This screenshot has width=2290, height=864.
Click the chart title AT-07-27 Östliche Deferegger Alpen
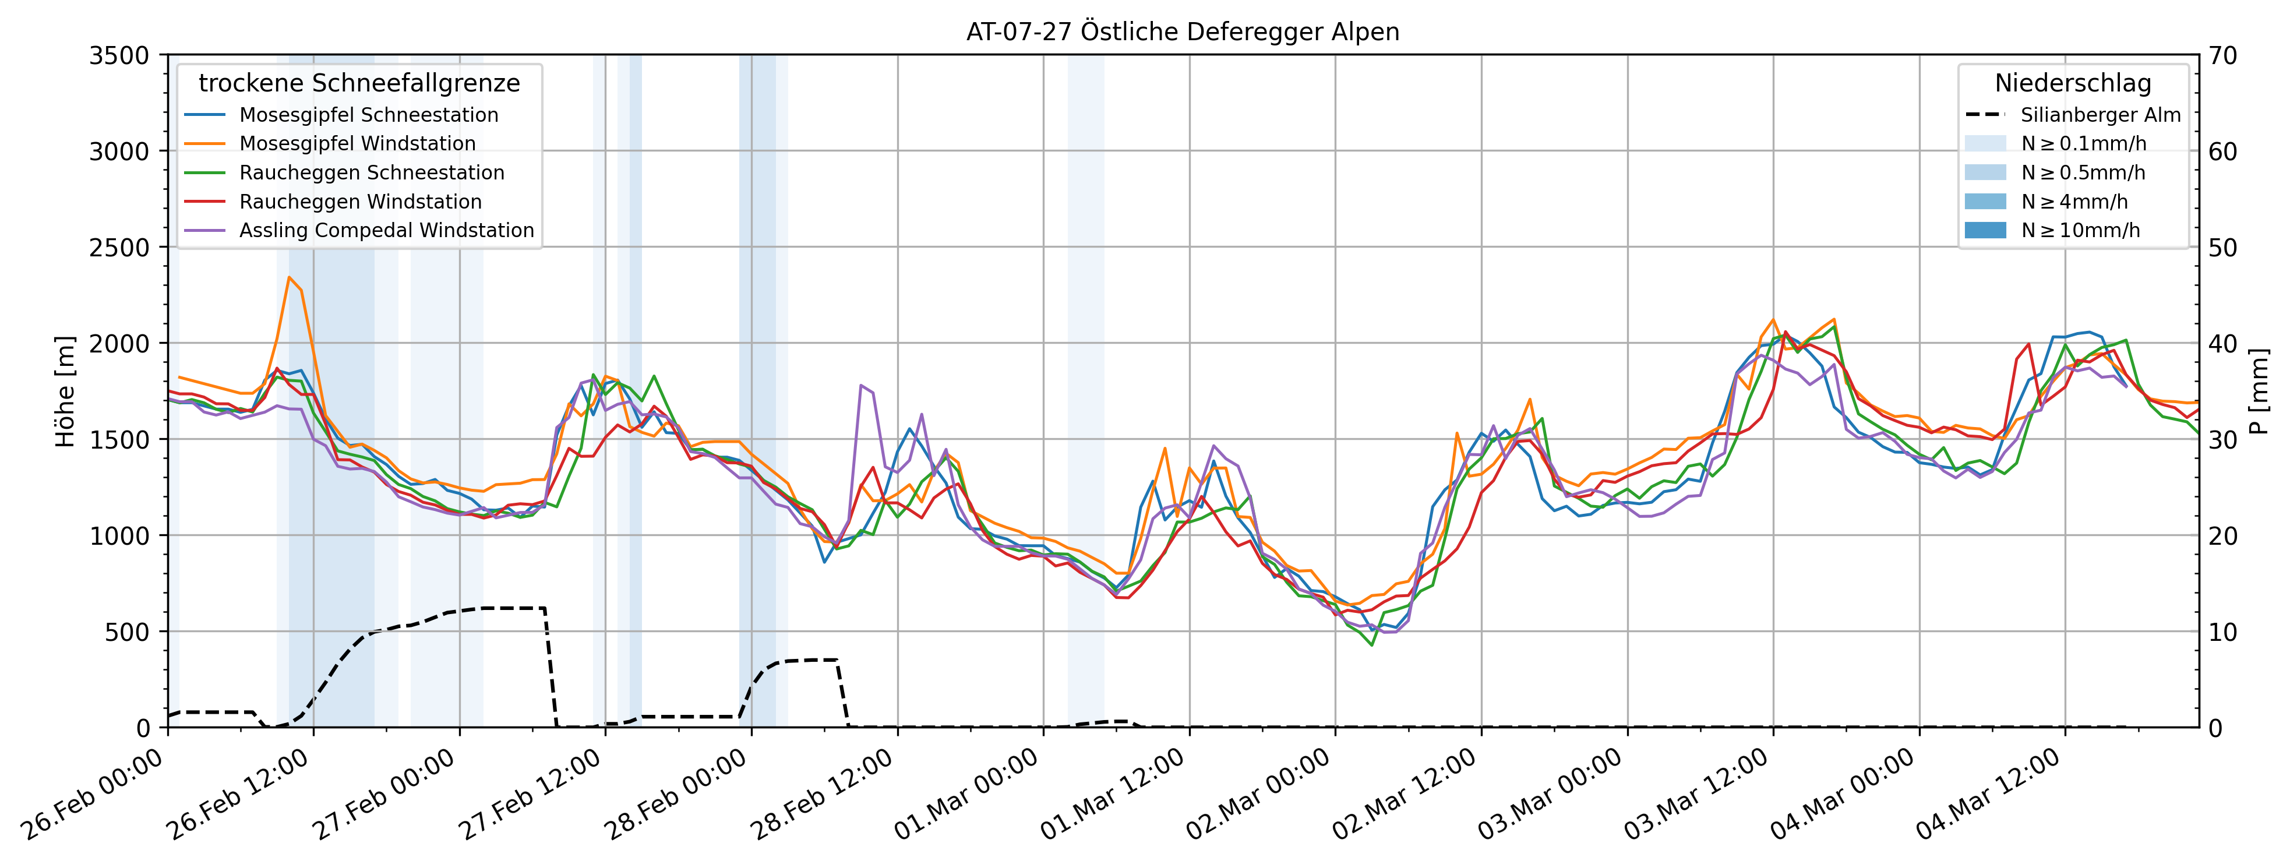pos(1183,32)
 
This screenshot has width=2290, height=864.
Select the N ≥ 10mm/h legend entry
pos(2080,230)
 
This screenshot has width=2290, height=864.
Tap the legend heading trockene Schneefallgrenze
pos(359,83)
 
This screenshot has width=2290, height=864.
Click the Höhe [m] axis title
pos(65,391)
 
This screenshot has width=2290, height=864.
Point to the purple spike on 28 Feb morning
pos(860,386)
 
